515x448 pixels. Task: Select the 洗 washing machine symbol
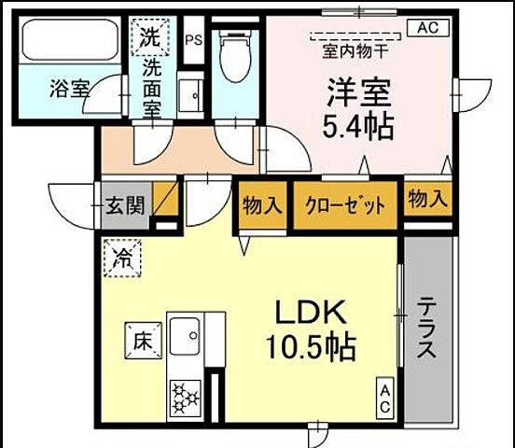[x=149, y=38]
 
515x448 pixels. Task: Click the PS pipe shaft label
[x=194, y=40]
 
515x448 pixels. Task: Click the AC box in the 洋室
[x=426, y=27]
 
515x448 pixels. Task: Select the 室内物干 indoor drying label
[x=355, y=48]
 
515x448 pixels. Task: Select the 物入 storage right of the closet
[x=427, y=200]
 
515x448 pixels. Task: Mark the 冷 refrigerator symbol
[x=123, y=255]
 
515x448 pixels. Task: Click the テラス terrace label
[x=425, y=328]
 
